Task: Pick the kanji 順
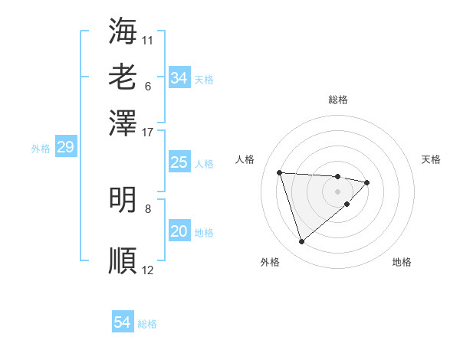pos(123,260)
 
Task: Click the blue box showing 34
pos(179,78)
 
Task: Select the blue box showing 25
pos(179,162)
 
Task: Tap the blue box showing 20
pos(179,231)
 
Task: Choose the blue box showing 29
pos(65,147)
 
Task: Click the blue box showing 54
pos(122,322)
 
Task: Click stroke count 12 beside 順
pos(148,270)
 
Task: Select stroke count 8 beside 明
pos(148,208)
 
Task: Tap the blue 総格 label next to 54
pos(147,324)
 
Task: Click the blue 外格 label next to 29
pos(40,149)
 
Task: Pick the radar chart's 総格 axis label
pos(338,100)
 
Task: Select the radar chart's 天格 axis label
pos(432,159)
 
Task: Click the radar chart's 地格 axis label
pos(402,262)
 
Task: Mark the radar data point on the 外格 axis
pos(301,242)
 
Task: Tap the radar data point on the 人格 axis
pos(280,172)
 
